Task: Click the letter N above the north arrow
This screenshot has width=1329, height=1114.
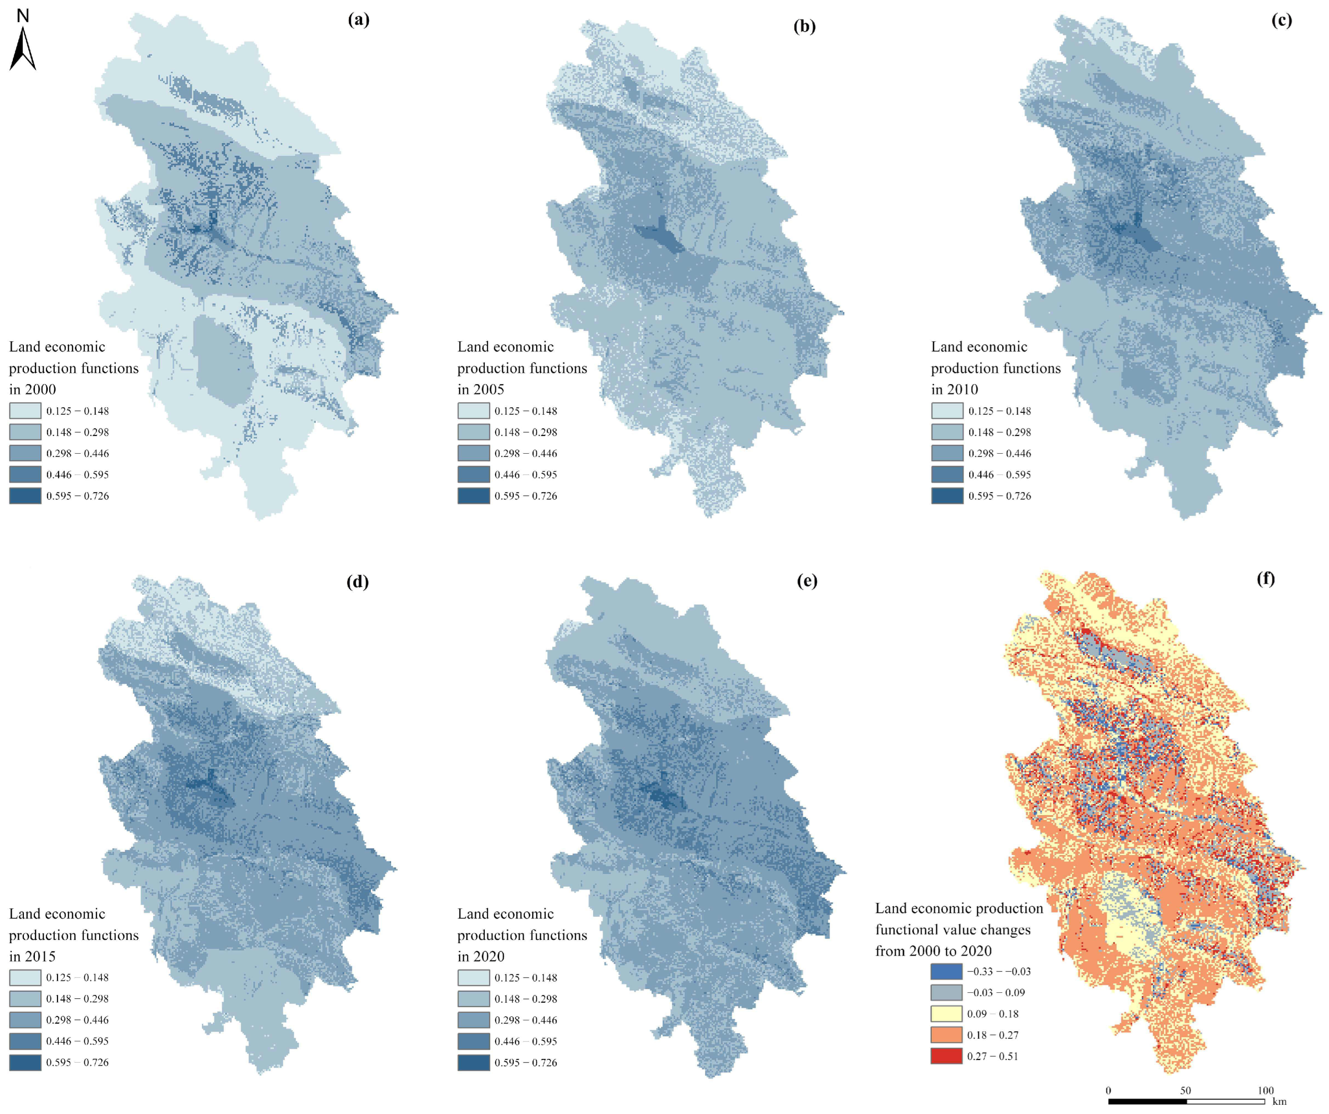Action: [x=23, y=16]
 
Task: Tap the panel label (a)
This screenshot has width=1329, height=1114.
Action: [x=358, y=20]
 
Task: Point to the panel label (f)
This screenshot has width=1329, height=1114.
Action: [x=1266, y=579]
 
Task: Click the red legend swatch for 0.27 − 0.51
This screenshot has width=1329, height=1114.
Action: [x=946, y=1056]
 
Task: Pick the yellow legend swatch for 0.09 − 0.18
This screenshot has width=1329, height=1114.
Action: [x=946, y=1013]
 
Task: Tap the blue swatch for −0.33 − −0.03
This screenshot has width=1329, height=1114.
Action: [x=946, y=971]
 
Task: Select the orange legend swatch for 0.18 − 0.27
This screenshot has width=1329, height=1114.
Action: [x=946, y=1035]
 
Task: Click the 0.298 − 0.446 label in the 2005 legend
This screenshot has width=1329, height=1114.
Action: [x=525, y=453]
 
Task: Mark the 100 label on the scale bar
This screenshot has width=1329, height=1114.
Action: [x=1266, y=1090]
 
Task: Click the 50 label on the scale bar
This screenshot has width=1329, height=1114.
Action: [x=1185, y=1090]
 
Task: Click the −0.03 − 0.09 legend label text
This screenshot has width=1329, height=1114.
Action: [x=995, y=992]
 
